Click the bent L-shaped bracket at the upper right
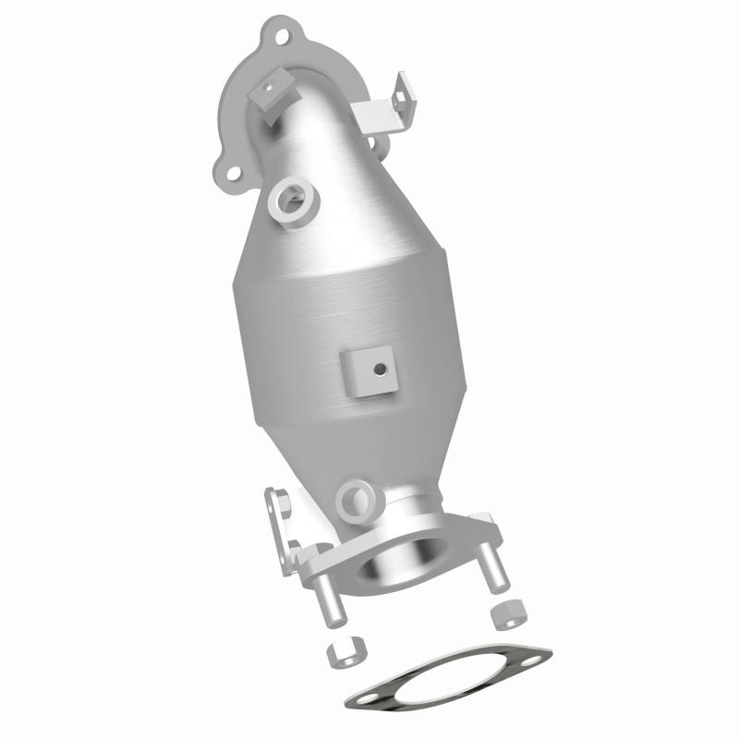click(x=381, y=110)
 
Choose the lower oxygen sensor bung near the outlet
click(x=355, y=500)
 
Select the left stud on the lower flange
click(x=328, y=600)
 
